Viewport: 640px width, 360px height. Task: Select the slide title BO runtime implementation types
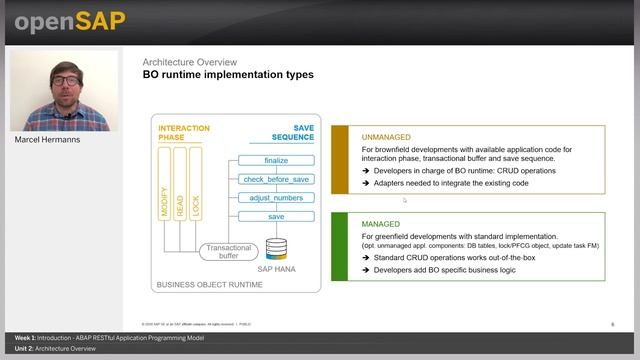tap(228, 75)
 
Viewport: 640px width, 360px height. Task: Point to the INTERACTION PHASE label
tap(185, 134)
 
